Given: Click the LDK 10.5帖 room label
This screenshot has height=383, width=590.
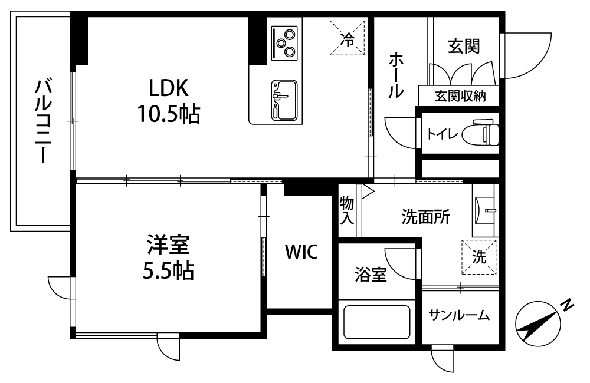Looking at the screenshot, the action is (168, 101).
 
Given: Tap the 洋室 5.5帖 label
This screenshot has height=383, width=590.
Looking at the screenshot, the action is (168, 257).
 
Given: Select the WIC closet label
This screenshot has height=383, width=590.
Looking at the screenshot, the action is (301, 252).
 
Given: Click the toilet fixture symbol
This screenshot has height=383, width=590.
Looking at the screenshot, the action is (480, 133).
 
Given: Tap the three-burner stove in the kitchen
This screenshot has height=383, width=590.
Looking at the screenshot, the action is (284, 43).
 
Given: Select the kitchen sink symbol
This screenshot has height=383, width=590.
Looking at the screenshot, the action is (284, 100).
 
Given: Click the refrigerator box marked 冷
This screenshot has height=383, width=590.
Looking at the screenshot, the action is (348, 38).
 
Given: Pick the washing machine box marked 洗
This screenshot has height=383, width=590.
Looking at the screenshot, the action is (479, 257).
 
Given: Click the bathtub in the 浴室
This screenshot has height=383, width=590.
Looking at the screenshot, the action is (376, 322).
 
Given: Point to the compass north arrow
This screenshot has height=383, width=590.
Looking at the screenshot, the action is (538, 324).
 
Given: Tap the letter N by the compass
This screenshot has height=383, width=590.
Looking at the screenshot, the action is (568, 305).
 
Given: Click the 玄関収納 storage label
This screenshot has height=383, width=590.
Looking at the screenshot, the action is (460, 96).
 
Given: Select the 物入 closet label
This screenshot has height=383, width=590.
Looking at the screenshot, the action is (347, 210).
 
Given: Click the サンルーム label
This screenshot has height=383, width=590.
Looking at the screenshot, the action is (459, 315).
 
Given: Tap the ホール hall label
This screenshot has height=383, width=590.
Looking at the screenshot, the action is (396, 75).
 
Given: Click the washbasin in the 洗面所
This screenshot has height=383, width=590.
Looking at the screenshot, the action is (485, 211).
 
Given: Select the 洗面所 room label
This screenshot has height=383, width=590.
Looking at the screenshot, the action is (425, 217).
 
